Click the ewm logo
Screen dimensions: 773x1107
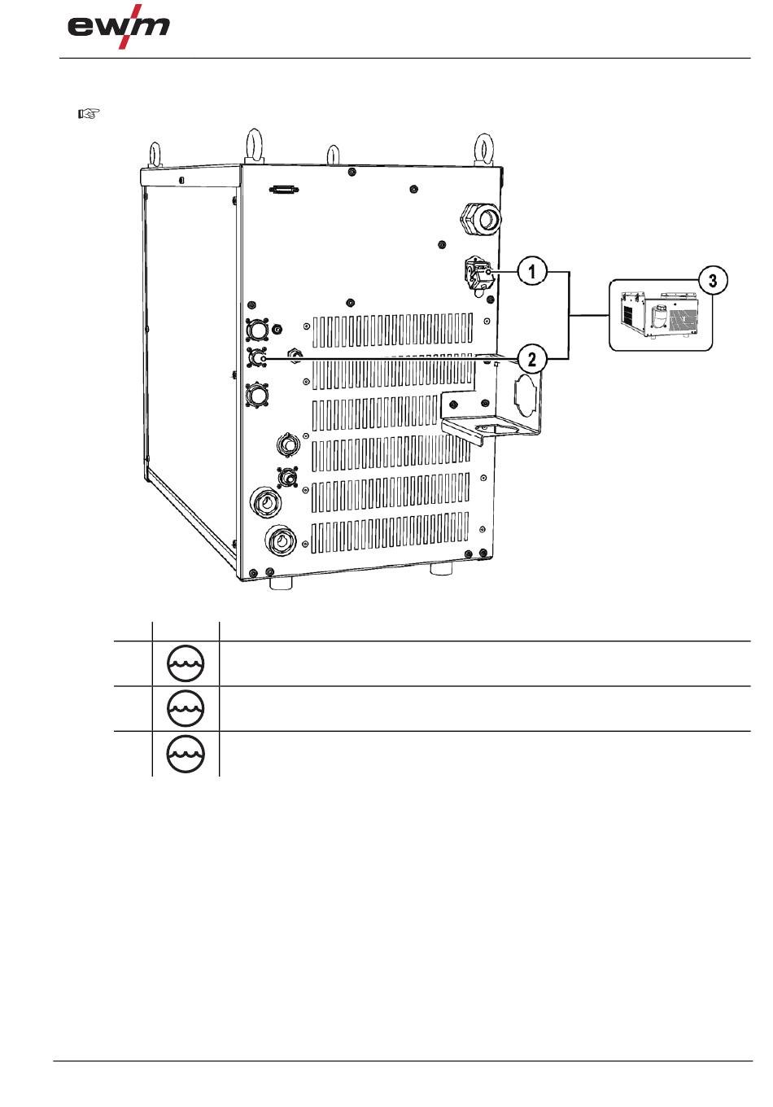119,27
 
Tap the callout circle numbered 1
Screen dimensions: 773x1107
532,271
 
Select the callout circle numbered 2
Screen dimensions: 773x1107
532,358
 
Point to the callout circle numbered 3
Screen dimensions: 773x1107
713,281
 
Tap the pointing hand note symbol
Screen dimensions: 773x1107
89,114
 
